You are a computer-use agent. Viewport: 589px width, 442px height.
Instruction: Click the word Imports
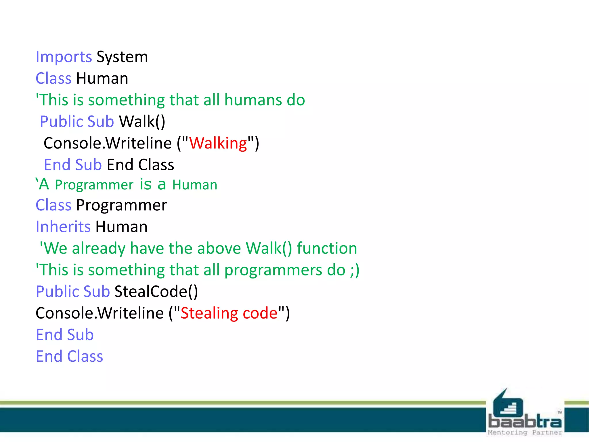64,57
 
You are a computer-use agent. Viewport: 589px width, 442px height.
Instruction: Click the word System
122,57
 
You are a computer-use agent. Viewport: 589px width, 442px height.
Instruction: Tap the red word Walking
218,143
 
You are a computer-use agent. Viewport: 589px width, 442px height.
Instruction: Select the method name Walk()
142,122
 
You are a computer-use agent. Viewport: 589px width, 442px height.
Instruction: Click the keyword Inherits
63,227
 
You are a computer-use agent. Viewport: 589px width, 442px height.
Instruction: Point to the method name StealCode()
156,292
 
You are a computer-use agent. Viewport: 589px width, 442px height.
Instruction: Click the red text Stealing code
229,313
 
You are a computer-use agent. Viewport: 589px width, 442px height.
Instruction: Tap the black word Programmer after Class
121,205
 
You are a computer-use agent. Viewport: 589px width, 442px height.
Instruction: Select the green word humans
253,100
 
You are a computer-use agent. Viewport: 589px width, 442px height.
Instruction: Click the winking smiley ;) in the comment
355,270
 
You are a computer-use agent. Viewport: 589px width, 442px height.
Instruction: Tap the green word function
327,248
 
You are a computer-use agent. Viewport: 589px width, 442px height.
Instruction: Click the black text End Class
140,165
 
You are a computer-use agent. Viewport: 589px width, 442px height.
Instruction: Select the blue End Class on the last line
69,357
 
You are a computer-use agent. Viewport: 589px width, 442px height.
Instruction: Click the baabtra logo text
525,422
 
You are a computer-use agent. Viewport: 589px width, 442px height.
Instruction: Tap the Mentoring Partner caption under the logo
525,433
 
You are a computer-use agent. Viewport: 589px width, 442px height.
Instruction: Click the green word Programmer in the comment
94,185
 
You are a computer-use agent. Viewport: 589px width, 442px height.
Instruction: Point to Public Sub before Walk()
77,122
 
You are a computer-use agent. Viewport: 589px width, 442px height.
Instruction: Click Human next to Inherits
121,227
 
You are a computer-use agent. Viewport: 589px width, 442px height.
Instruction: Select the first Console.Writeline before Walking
108,143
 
